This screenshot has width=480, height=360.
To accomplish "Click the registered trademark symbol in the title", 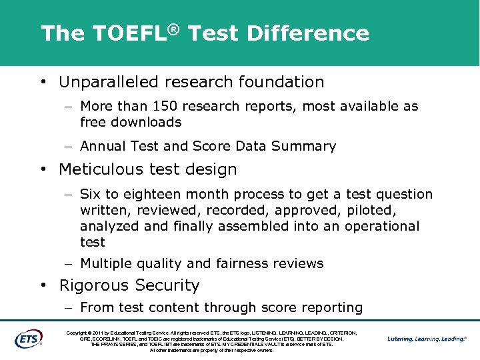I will coord(173,27).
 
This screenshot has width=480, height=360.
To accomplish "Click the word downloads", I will coord(148,122).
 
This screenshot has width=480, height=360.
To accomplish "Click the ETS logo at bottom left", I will coord(28,338).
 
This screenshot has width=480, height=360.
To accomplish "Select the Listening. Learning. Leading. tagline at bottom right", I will coord(427,339).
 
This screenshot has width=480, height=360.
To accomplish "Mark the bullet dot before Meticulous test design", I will coord(43,170).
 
